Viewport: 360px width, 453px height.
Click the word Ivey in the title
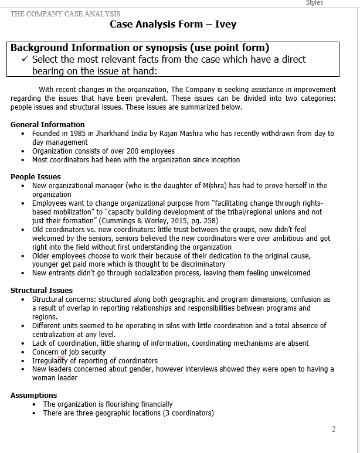tap(226, 25)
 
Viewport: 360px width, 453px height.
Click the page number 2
tap(334, 429)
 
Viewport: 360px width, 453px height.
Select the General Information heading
tap(47, 124)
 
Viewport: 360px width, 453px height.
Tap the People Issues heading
tap(36, 176)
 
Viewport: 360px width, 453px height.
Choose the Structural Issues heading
tap(42, 290)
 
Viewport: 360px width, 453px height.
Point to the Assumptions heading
tap(34, 395)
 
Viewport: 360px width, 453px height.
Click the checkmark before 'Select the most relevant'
tap(24, 59)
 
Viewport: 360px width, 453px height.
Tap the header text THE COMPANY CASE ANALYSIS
tap(65, 13)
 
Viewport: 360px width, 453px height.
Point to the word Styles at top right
tap(314, 3)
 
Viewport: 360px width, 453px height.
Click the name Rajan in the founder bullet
tap(164, 133)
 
